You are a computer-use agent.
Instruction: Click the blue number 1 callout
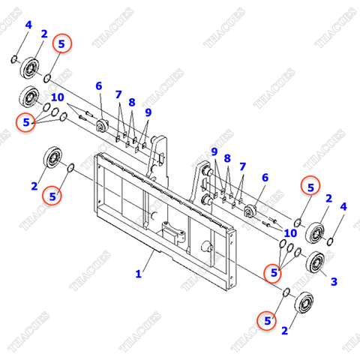138,274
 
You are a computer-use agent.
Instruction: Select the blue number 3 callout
334,281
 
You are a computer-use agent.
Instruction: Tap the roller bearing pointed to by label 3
315,262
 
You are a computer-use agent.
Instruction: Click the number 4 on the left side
28,25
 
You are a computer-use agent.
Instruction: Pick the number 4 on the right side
343,206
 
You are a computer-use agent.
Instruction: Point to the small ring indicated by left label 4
15,58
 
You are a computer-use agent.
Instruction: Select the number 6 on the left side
98,86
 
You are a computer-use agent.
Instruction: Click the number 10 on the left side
57,97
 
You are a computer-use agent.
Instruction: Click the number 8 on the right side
227,158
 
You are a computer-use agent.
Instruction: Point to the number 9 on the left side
148,112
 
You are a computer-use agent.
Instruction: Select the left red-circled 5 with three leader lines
26,121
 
